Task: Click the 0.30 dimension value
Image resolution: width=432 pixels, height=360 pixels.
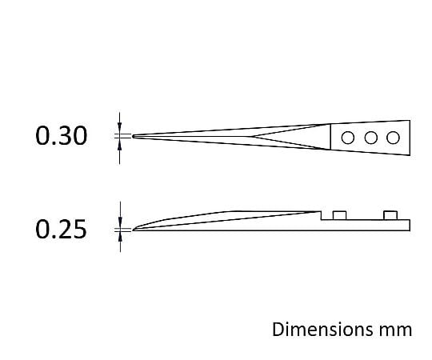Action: click(x=61, y=135)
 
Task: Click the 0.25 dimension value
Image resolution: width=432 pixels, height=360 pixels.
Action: click(x=61, y=229)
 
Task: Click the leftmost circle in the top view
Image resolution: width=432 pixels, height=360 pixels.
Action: click(x=348, y=138)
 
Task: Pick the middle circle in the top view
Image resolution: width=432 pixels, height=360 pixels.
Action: click(x=371, y=138)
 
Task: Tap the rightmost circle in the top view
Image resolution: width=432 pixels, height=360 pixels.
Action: click(x=393, y=138)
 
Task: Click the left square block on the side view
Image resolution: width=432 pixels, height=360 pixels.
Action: click(x=339, y=215)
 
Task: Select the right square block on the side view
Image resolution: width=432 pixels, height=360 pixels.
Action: click(x=390, y=215)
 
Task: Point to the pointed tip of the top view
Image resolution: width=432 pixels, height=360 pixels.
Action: click(x=133, y=136)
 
